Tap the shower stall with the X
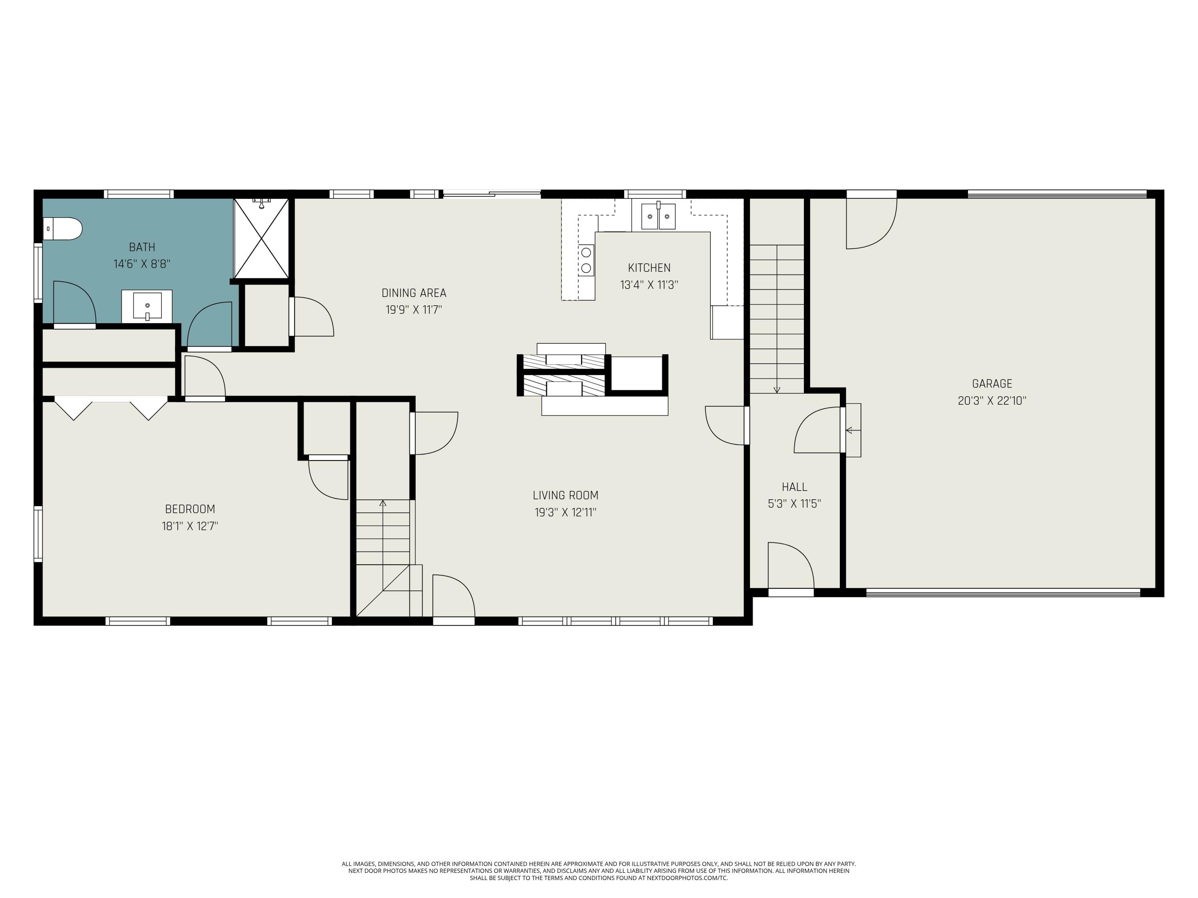[261, 238]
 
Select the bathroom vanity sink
[147, 307]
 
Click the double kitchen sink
[658, 216]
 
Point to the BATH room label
[142, 247]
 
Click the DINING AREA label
[414, 293]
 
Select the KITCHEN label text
[649, 268]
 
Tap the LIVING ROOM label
[565, 495]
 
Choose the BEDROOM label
[190, 509]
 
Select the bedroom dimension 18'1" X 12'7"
[190, 526]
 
